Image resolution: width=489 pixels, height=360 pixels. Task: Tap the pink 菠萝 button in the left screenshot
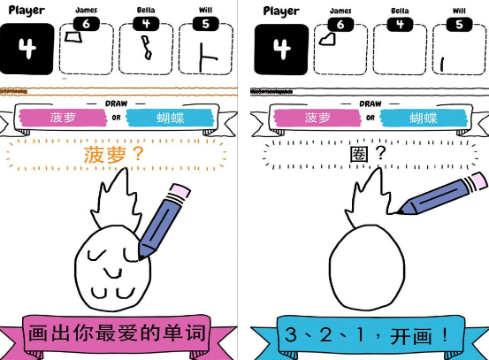[x=63, y=118]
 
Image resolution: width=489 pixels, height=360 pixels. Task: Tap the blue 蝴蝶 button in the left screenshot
[x=171, y=118]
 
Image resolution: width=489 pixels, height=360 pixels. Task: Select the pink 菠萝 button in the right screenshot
[x=317, y=118]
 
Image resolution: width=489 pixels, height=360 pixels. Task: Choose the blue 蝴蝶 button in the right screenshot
[x=424, y=118]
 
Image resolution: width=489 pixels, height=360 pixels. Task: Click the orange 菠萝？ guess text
[x=113, y=155]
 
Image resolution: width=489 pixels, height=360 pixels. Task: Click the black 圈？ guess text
[x=369, y=154]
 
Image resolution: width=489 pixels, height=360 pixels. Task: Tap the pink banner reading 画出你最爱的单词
[x=117, y=333]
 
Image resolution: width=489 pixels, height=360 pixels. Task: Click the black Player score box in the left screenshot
[x=27, y=49]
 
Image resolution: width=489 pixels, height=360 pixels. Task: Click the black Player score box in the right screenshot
[x=281, y=50]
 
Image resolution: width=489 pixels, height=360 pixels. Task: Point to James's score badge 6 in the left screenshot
[x=87, y=24]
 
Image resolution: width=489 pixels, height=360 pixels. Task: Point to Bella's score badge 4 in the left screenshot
[x=146, y=24]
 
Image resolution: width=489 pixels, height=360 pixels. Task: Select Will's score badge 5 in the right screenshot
[x=459, y=25]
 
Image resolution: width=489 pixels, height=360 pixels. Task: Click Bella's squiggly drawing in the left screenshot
[x=147, y=48]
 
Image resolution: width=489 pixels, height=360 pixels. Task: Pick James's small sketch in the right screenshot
[x=327, y=40]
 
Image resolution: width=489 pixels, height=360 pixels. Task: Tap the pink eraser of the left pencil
[x=180, y=190]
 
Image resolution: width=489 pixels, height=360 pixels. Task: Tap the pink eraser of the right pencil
[x=478, y=180]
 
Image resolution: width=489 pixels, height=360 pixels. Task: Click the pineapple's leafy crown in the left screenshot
[x=116, y=200]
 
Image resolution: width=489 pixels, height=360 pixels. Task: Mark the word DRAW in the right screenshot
[x=371, y=103]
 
